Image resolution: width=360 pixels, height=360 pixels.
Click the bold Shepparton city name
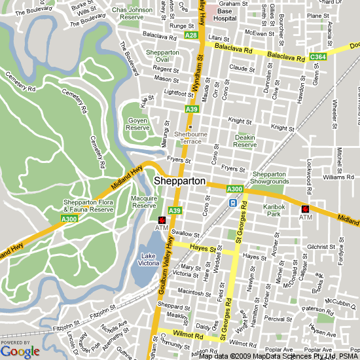180,181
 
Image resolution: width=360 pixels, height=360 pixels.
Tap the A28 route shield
191,35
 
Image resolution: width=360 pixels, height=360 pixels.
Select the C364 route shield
319,58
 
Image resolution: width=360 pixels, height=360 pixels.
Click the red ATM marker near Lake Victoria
162,221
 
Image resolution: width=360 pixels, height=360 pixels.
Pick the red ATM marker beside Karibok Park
305,209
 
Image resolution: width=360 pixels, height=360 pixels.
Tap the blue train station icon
232,203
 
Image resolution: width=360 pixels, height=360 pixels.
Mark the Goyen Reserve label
137,124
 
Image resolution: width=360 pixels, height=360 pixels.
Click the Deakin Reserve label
245,141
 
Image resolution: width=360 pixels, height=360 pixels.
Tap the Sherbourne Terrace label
188,137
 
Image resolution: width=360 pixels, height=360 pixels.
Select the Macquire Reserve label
144,202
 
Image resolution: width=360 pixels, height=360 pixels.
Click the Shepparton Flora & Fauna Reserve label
88,206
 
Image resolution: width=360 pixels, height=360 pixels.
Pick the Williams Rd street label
338,177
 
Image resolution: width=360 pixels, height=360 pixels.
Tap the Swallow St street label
185,233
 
